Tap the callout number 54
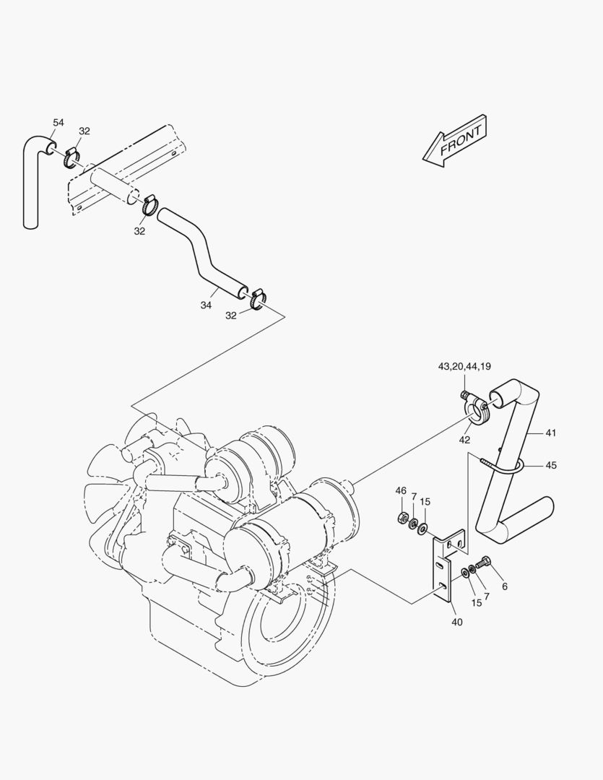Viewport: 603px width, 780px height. coord(58,123)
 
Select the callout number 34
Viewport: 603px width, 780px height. coord(206,305)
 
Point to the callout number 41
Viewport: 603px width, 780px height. coord(551,433)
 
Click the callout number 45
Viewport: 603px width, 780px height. coord(551,466)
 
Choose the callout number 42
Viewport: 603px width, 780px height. coord(464,439)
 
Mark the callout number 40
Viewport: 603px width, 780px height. coord(456,622)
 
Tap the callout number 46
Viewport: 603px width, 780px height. coord(401,491)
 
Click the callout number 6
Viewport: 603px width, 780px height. coord(504,586)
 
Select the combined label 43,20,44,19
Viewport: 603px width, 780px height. coord(464,367)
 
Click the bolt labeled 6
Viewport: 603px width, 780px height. coord(483,561)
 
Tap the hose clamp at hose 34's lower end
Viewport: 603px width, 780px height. coord(258,298)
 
